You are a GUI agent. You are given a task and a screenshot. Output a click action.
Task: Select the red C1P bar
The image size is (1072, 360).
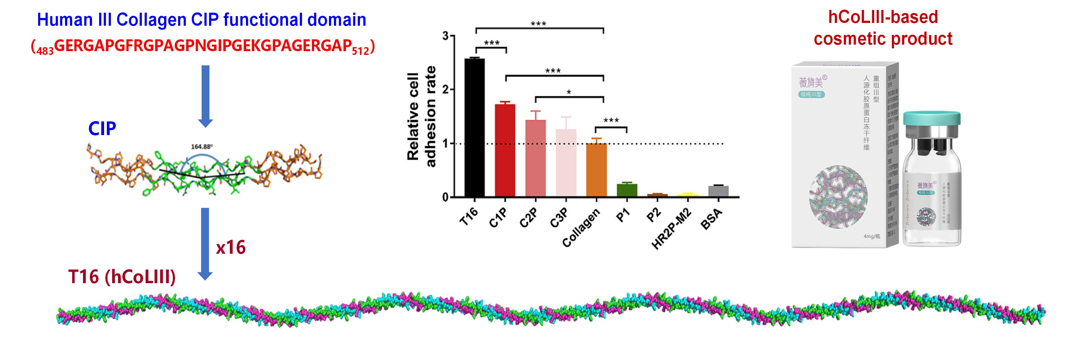click(x=505, y=150)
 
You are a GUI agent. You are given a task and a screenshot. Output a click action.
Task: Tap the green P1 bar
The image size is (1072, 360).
click(x=627, y=190)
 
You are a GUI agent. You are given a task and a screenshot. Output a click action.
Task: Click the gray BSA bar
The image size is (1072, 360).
click(x=718, y=191)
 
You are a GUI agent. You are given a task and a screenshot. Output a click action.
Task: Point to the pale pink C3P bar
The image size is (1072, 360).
click(x=566, y=162)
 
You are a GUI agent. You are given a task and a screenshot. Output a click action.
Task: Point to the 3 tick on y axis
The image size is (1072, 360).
click(x=446, y=36)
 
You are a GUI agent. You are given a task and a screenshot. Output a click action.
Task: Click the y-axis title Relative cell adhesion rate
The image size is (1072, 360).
click(x=420, y=116)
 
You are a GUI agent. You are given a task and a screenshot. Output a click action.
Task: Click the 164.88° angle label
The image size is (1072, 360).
click(x=201, y=147)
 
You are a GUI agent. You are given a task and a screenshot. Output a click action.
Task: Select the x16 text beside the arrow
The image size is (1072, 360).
click(x=230, y=247)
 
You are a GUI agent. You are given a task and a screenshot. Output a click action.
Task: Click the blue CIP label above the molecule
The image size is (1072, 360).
click(x=102, y=129)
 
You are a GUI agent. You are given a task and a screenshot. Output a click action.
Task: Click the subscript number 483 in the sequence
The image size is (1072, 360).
click(x=45, y=51)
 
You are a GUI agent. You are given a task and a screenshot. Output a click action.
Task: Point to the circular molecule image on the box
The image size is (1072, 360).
click(x=838, y=196)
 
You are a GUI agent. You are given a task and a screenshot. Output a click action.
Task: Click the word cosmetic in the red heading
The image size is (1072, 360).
click(x=849, y=39)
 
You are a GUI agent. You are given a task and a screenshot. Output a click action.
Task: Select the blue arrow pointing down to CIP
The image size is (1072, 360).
click(x=205, y=96)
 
